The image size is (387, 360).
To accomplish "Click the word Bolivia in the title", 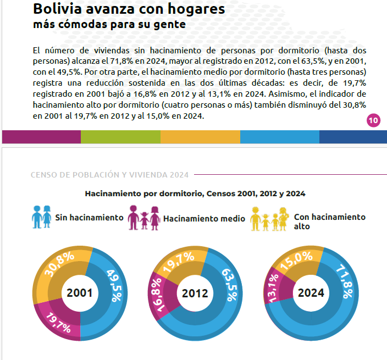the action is coord(58,9).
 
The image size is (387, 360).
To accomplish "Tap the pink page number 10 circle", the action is coord(373,120).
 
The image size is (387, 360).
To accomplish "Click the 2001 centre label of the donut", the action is coord(80,293).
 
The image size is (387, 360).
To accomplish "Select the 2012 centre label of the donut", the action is coord(195,293).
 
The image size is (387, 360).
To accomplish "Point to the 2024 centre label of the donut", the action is coord(311,293).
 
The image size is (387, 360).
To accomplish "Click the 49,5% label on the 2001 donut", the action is coord(114,286).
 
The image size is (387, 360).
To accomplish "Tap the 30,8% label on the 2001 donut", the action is coord(59,264).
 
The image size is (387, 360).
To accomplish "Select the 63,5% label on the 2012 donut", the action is coord(230,285).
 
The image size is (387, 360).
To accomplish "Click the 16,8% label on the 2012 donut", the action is coord(158,295).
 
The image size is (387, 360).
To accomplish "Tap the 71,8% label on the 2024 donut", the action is coord(345,281).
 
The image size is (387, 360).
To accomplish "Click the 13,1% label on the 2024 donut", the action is coord(273,288).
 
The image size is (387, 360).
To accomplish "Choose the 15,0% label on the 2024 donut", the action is coord(296,261).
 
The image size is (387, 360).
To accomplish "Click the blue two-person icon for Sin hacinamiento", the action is coord(41,217).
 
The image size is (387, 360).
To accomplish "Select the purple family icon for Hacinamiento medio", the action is coord(144,218).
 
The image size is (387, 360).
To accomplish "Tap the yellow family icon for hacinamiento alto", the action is coord(269,219).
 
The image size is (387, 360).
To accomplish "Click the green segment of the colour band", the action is coord(121,137).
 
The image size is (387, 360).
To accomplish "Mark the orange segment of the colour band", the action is coord(200,137).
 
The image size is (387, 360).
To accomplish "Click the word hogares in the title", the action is coord(196,9).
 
